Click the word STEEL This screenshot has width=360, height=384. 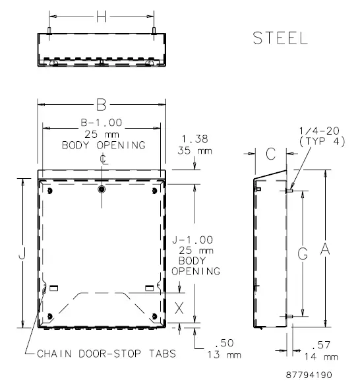(280, 39)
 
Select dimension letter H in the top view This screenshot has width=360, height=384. (101, 17)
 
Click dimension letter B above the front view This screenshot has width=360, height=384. (101, 104)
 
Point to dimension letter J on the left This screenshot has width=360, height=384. (23, 253)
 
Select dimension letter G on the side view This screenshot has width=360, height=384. (302, 254)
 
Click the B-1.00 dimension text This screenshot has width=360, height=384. (102, 123)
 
